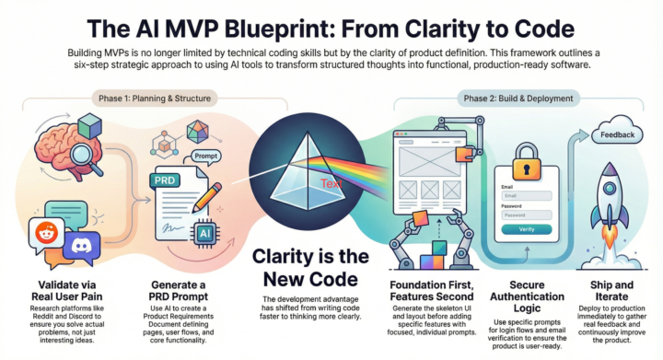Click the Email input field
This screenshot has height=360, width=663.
(528, 196)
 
